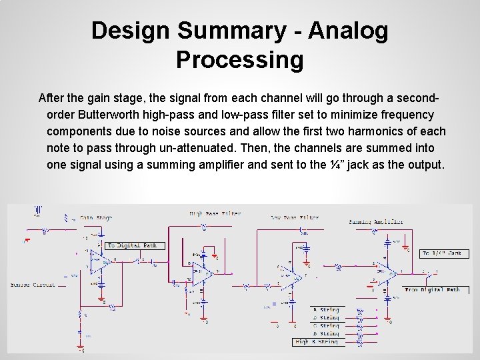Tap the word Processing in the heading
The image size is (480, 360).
click(239, 60)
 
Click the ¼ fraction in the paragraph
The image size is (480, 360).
click(352, 165)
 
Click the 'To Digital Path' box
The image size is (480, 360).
click(132, 245)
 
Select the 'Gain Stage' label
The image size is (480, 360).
click(96, 217)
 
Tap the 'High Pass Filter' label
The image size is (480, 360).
click(215, 214)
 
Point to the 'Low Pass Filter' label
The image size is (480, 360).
click(295, 217)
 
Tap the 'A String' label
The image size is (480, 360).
click(326, 310)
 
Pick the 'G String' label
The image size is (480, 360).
click(326, 326)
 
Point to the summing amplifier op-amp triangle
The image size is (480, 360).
click(390, 271)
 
